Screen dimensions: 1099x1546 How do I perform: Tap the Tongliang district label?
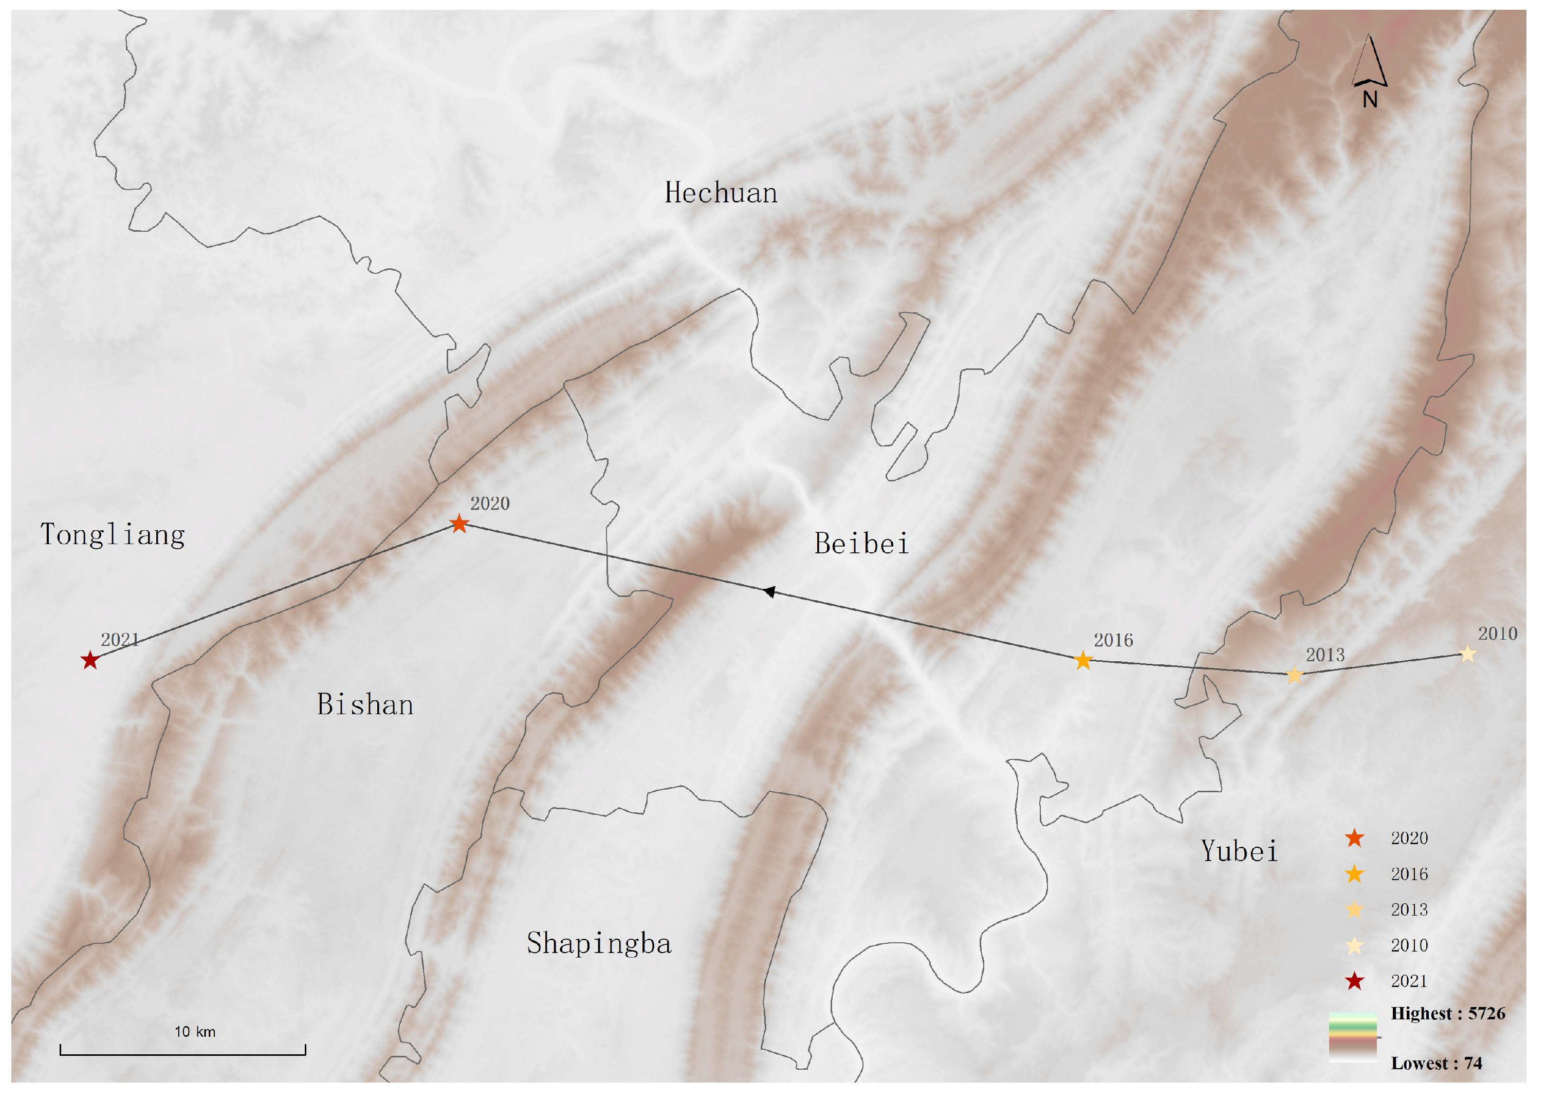tap(113, 535)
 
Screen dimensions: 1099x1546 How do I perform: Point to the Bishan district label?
tap(365, 705)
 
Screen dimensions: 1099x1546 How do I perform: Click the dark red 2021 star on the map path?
tap(90, 661)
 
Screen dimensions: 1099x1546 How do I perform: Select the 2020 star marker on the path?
tap(459, 524)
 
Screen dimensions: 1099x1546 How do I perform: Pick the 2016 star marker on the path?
tap(1083, 661)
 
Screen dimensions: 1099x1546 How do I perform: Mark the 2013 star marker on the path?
tap(1294, 675)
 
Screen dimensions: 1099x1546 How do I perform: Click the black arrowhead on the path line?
tap(769, 592)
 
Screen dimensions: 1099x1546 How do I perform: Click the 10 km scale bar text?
tap(195, 1032)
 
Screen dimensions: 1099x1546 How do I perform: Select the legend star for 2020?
tap(1354, 839)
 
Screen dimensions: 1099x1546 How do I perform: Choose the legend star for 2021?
tap(1354, 981)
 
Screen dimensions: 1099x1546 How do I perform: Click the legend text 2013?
tap(1409, 910)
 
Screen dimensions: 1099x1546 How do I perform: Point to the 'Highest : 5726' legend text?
tap(1448, 1014)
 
